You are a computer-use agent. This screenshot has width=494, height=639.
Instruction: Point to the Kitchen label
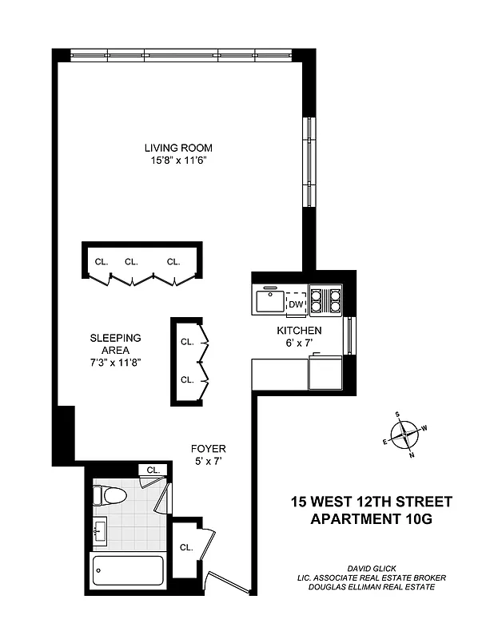(x=299, y=331)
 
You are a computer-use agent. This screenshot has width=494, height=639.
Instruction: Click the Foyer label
(x=208, y=448)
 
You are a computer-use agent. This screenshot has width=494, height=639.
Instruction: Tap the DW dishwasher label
(x=296, y=304)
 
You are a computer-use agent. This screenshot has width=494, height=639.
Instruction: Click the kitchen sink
(x=269, y=302)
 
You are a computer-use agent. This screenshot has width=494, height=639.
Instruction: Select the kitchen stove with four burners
(x=325, y=300)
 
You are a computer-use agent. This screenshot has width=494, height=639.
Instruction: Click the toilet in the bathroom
(x=110, y=495)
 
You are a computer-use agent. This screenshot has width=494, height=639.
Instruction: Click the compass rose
(x=405, y=435)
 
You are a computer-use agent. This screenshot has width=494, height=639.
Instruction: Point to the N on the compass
(x=412, y=455)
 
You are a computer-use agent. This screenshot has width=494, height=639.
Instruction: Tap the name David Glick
(x=368, y=567)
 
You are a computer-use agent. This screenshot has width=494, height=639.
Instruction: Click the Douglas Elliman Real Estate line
(x=369, y=588)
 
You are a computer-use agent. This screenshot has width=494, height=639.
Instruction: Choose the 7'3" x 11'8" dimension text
(x=116, y=362)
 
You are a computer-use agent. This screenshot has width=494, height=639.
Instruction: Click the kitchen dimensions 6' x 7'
(x=299, y=343)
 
